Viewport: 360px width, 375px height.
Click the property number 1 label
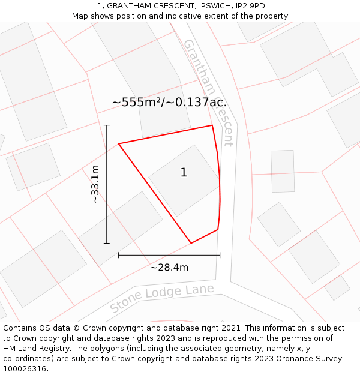point(184,173)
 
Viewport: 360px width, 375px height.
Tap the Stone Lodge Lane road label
point(162,298)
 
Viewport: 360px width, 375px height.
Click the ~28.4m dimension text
point(169,268)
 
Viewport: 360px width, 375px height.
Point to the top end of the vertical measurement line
point(107,125)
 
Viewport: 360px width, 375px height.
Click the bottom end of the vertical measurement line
point(107,243)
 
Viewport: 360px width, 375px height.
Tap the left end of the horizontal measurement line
point(119,255)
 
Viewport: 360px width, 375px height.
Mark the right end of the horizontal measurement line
point(220,255)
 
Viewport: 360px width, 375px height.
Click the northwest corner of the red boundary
point(119,144)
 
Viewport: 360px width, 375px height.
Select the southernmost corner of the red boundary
point(191,243)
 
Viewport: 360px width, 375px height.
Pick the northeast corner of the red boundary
point(212,125)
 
